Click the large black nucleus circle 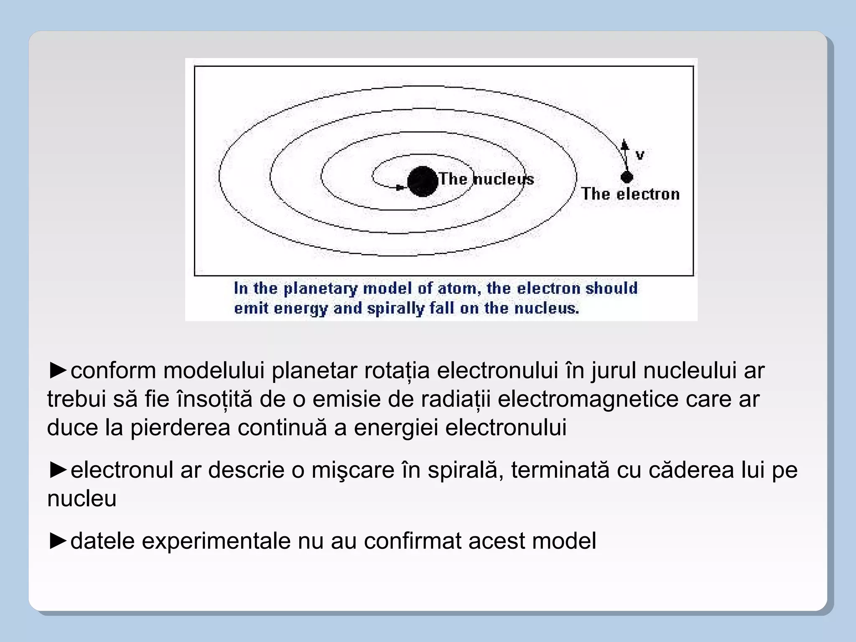[x=422, y=181]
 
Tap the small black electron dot [x=627, y=177]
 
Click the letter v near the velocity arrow [x=639, y=155]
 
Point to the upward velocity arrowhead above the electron [x=624, y=145]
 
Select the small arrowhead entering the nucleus [x=400, y=188]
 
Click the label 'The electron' [x=630, y=194]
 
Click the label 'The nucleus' [x=487, y=179]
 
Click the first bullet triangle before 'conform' [x=58, y=370]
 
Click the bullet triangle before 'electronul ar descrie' [x=58, y=469]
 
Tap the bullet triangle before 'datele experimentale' [x=58, y=540]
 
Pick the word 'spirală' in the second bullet [x=472, y=470]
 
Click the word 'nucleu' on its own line [x=82, y=498]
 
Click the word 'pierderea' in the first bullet [x=180, y=428]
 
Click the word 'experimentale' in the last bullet [x=216, y=541]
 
